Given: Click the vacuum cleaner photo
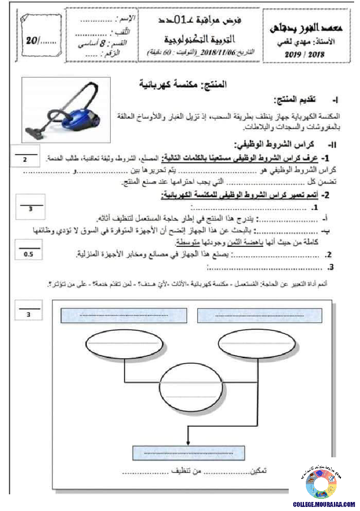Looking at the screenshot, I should (66, 109).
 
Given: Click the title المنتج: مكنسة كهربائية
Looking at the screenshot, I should (183, 84).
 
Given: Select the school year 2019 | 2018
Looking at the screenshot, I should (305, 54).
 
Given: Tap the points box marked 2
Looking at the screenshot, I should (25, 158).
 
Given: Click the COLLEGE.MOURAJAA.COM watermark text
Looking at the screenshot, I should (323, 504).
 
